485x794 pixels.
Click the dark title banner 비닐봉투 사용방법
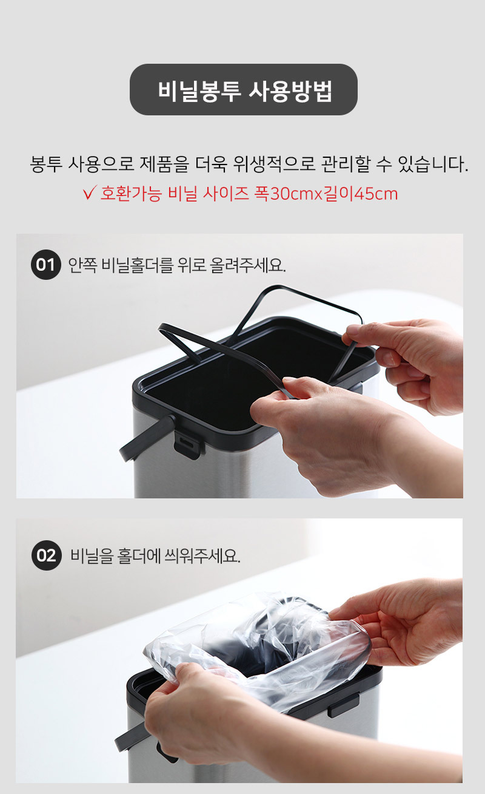click(x=244, y=89)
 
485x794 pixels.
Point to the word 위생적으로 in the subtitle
click(x=274, y=164)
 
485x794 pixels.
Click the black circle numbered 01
click(x=45, y=265)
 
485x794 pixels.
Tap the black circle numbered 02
click(x=46, y=555)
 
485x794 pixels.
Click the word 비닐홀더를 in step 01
click(x=137, y=265)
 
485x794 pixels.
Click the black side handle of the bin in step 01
click(x=146, y=438)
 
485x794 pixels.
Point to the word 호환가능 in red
click(x=131, y=194)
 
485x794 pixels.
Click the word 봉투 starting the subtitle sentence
click(x=46, y=164)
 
